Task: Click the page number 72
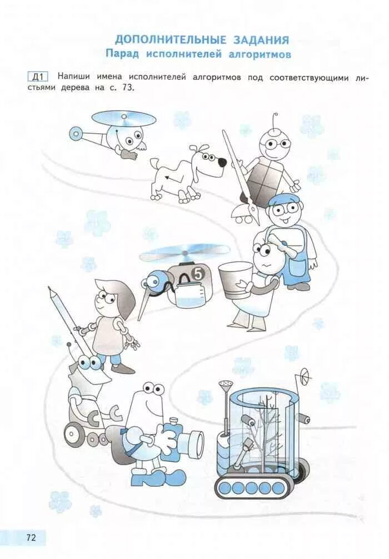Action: coord(31,537)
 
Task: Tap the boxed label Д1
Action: coord(38,77)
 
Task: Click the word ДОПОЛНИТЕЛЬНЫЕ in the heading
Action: coord(171,39)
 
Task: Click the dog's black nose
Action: coord(222,163)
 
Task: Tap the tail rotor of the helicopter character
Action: coord(76,133)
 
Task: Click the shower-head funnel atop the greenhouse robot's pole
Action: coord(226,385)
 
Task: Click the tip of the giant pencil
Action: coord(49,288)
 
